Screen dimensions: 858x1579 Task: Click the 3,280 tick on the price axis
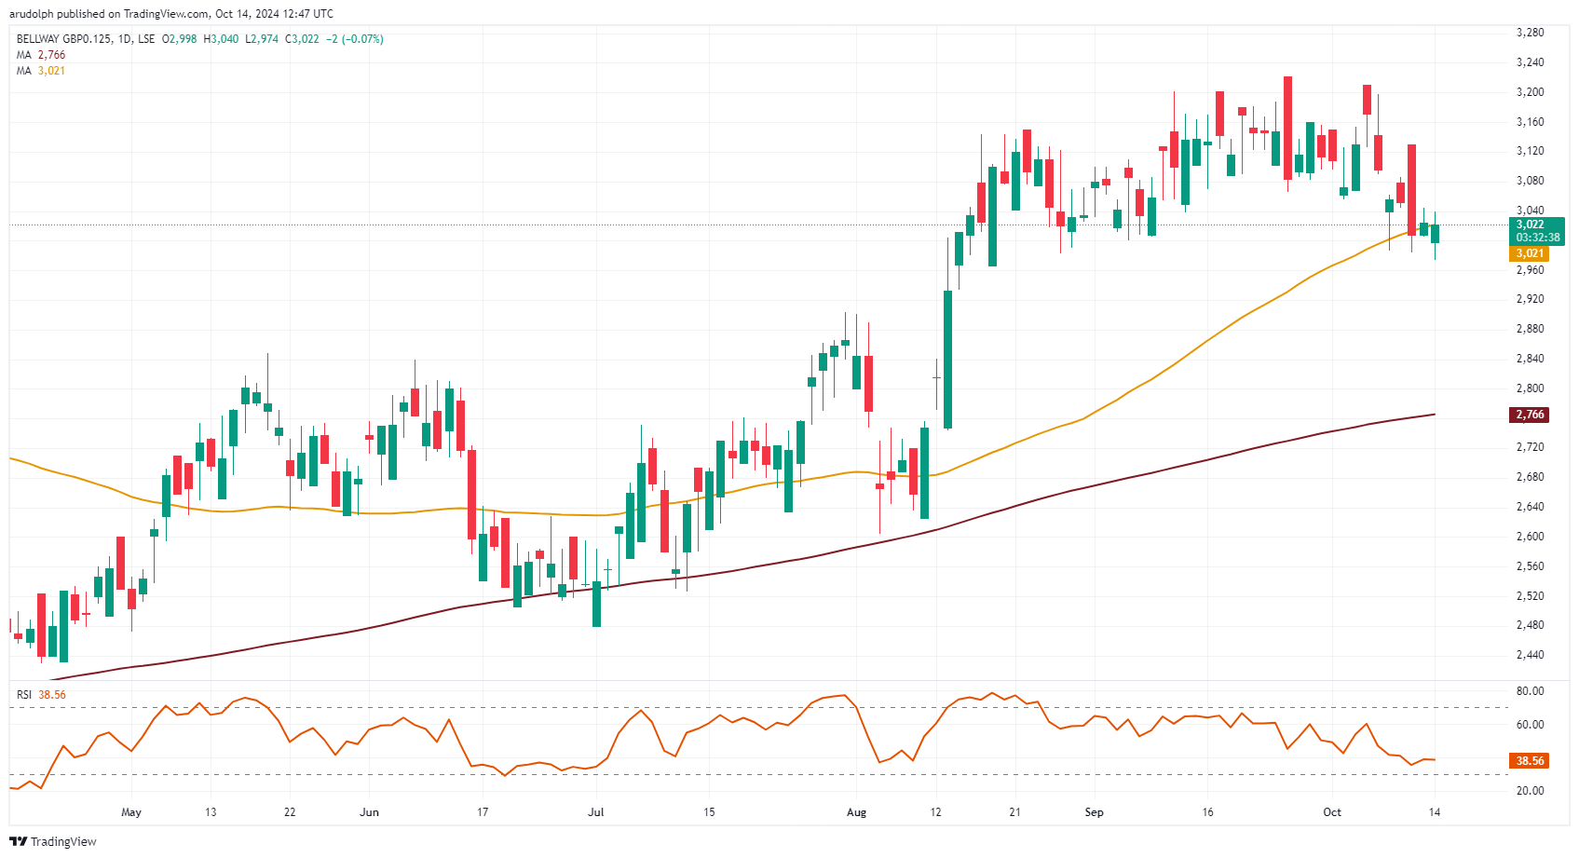coord(1530,33)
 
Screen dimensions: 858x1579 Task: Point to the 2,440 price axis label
coord(1530,655)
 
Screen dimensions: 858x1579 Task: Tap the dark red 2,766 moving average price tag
coord(1529,415)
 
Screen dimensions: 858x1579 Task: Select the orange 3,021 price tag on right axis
coord(1529,253)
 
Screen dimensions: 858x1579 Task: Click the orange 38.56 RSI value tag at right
coord(1529,761)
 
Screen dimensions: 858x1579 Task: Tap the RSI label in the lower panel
coord(24,695)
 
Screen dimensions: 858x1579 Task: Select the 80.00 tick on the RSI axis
coord(1530,691)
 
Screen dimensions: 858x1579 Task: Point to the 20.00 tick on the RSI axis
coord(1530,791)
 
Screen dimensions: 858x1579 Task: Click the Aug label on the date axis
coord(856,812)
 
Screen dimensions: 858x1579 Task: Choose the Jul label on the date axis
coord(595,812)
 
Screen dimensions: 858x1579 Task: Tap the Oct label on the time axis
coord(1332,812)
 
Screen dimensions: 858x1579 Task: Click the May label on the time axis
coord(131,812)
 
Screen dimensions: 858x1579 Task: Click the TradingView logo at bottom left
coord(53,841)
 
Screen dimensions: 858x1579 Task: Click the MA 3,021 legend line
coord(41,71)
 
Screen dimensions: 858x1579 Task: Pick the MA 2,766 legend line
coord(41,55)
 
